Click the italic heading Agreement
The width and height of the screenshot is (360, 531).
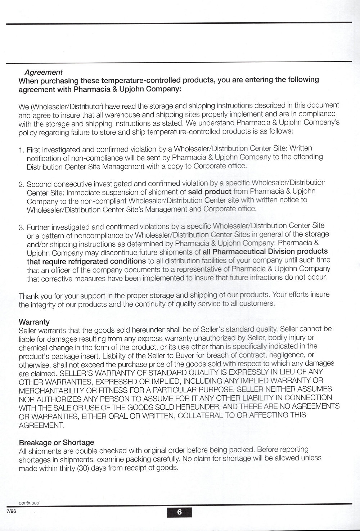44,72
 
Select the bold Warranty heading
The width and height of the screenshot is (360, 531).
34,322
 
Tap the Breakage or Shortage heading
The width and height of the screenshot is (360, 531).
57,442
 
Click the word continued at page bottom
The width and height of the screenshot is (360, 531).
29,503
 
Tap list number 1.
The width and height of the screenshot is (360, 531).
21,149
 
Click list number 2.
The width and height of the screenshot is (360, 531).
21,184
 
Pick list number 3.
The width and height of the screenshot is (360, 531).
21,228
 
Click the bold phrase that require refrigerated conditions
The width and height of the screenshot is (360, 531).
86,261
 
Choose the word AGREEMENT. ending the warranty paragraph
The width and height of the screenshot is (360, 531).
41,425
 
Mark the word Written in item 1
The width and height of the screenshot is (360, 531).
301,148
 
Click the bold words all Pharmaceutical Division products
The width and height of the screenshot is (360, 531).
265,251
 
